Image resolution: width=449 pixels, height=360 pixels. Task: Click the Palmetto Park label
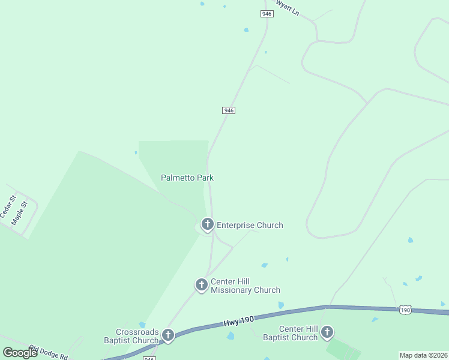coord(187,178)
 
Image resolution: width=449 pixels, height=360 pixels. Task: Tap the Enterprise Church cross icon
coord(207,225)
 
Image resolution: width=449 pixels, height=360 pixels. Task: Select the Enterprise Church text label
coord(250,226)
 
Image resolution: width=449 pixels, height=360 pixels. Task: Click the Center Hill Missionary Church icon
coord(202,285)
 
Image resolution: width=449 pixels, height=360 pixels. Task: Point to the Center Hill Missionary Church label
coord(245,286)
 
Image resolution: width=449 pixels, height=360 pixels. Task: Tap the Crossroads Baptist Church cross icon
coord(168,335)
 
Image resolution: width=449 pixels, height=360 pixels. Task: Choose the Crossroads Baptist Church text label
coord(137,336)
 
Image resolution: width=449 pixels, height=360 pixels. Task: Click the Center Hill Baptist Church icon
coord(327,332)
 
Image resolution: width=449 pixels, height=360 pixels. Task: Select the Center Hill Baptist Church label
coord(298,333)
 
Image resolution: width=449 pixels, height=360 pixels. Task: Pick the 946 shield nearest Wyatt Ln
coord(267,13)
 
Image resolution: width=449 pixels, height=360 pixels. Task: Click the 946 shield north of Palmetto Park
coord(228,110)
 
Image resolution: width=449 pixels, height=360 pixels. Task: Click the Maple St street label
coord(20,213)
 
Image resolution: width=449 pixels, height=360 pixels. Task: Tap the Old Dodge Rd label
coord(49,353)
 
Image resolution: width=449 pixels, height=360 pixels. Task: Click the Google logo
coord(20,352)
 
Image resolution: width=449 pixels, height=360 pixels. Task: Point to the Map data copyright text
coord(423,355)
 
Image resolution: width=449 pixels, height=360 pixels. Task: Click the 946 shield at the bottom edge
coord(149,358)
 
